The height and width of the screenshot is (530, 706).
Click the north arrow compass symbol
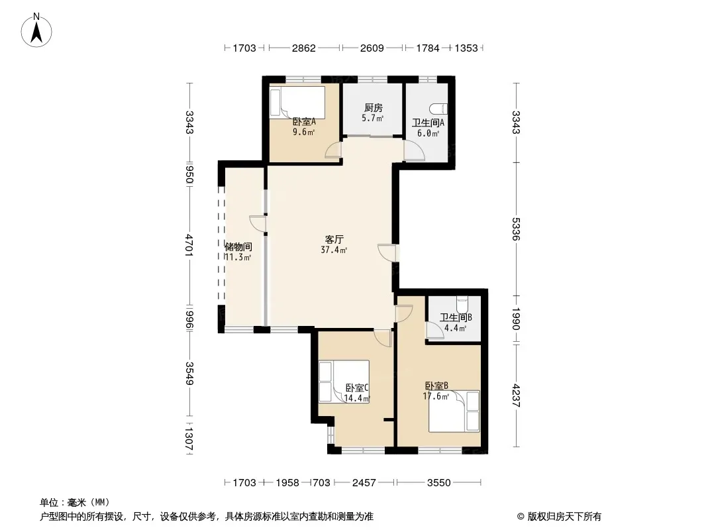point(36,30)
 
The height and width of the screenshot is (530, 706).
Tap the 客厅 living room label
point(334,240)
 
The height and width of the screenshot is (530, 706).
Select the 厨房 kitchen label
point(374,108)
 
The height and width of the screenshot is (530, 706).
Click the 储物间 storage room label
point(238,246)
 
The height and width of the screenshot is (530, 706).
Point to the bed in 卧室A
point(297,103)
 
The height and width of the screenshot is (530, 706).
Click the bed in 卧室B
point(454,411)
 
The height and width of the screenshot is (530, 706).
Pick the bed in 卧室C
point(344,382)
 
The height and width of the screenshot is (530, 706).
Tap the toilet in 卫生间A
point(438,109)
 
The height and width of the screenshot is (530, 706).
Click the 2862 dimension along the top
point(304,48)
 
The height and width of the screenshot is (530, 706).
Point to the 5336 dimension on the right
point(516,229)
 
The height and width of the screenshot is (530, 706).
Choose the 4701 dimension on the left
point(189,245)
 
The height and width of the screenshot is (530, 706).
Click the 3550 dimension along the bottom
point(439,483)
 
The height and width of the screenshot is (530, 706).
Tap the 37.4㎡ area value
point(334,250)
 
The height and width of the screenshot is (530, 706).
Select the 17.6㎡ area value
point(436,396)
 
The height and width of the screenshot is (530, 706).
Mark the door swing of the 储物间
point(258,223)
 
